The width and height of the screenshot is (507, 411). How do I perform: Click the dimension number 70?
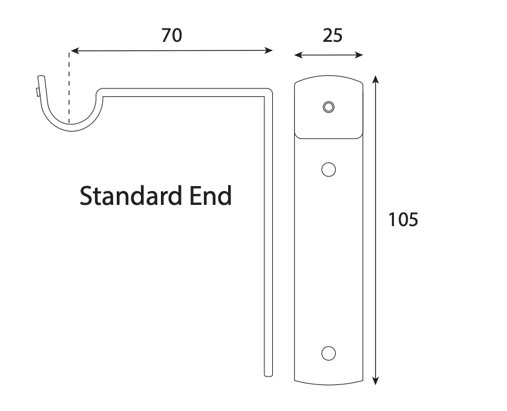pos(172,35)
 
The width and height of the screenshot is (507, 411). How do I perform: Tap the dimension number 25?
pos(332,36)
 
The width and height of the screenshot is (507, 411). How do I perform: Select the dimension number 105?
pos(403,219)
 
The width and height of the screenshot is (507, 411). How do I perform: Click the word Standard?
pos(130,196)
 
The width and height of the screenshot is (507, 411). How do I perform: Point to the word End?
pos(211,196)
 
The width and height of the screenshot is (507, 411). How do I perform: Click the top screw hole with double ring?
pos(329,107)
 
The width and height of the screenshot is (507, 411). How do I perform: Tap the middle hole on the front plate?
pos(329,169)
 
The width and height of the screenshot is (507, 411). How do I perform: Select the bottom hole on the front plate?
pos(329,353)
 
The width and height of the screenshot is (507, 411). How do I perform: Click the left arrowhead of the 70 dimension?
pos(74,51)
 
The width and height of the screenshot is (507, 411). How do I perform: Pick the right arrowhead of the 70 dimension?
pos(269,50)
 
